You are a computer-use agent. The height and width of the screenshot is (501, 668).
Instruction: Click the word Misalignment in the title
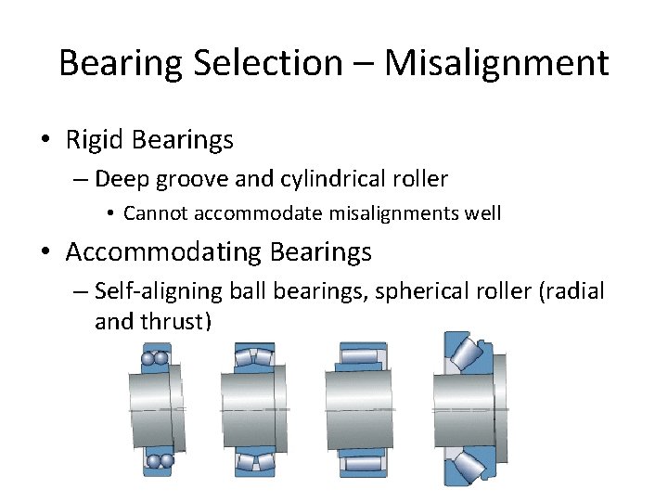[496, 63]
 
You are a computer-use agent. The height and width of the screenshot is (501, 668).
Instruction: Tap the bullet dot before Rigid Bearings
[45, 141]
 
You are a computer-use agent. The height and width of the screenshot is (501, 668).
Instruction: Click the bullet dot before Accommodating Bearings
[45, 252]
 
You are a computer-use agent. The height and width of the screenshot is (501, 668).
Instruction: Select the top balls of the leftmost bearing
[155, 357]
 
